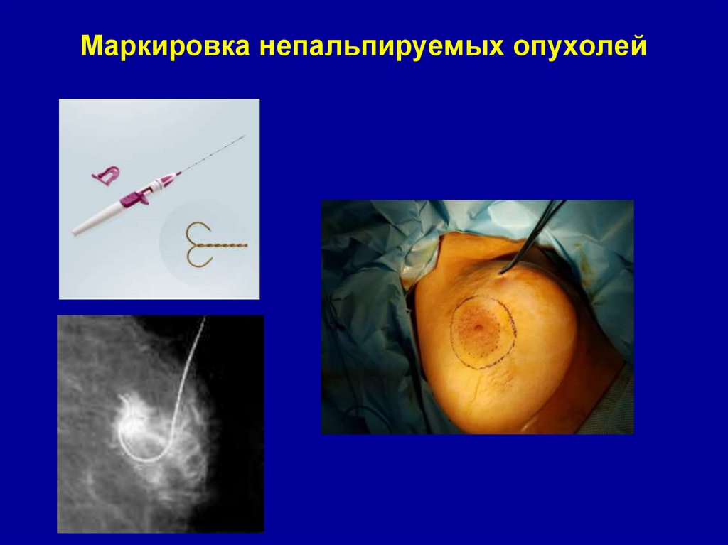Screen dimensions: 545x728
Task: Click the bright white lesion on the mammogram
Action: point(138,427)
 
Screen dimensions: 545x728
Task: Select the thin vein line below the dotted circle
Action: point(491,387)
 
